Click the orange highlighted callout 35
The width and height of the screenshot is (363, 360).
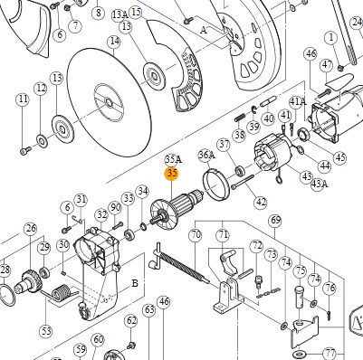pyautogui.click(x=171, y=174)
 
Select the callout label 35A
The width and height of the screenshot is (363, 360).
pyautogui.click(x=173, y=159)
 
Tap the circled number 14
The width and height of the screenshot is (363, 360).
pyautogui.click(x=115, y=41)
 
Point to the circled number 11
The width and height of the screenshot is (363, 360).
pyautogui.click(x=23, y=99)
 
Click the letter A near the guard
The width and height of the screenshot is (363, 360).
pyautogui.click(x=205, y=30)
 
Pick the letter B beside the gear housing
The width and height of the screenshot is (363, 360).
pyautogui.click(x=135, y=283)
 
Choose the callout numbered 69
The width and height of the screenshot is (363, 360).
pyautogui.click(x=275, y=221)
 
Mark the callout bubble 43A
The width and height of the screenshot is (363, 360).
pyautogui.click(x=320, y=184)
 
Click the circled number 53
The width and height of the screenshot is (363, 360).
pyautogui.click(x=46, y=331)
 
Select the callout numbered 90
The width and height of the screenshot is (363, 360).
pyautogui.click(x=115, y=207)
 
